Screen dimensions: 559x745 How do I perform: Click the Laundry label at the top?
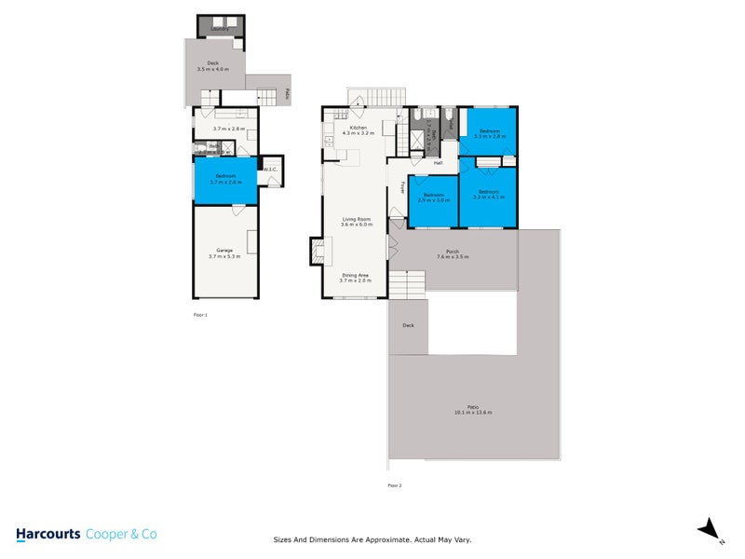pyautogui.click(x=220, y=29)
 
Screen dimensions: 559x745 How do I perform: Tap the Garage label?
pyautogui.click(x=224, y=252)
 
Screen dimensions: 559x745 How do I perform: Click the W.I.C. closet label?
pyautogui.click(x=270, y=169)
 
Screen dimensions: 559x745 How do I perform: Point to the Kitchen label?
pyautogui.click(x=358, y=130)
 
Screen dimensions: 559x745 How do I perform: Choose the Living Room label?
pyautogui.click(x=357, y=221)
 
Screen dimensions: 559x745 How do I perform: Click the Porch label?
pyautogui.click(x=453, y=252)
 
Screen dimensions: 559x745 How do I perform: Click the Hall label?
pyautogui.click(x=437, y=163)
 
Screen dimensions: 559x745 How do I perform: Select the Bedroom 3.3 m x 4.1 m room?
pyautogui.click(x=488, y=196)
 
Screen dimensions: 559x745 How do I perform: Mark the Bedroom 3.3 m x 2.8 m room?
pyautogui.click(x=488, y=134)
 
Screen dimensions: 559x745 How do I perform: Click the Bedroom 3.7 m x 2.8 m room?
pyautogui.click(x=225, y=179)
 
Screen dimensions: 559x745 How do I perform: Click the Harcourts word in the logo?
pyautogui.click(x=48, y=534)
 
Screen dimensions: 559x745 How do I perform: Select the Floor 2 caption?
pyautogui.click(x=395, y=485)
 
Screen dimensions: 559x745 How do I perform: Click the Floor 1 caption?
pyautogui.click(x=199, y=316)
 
